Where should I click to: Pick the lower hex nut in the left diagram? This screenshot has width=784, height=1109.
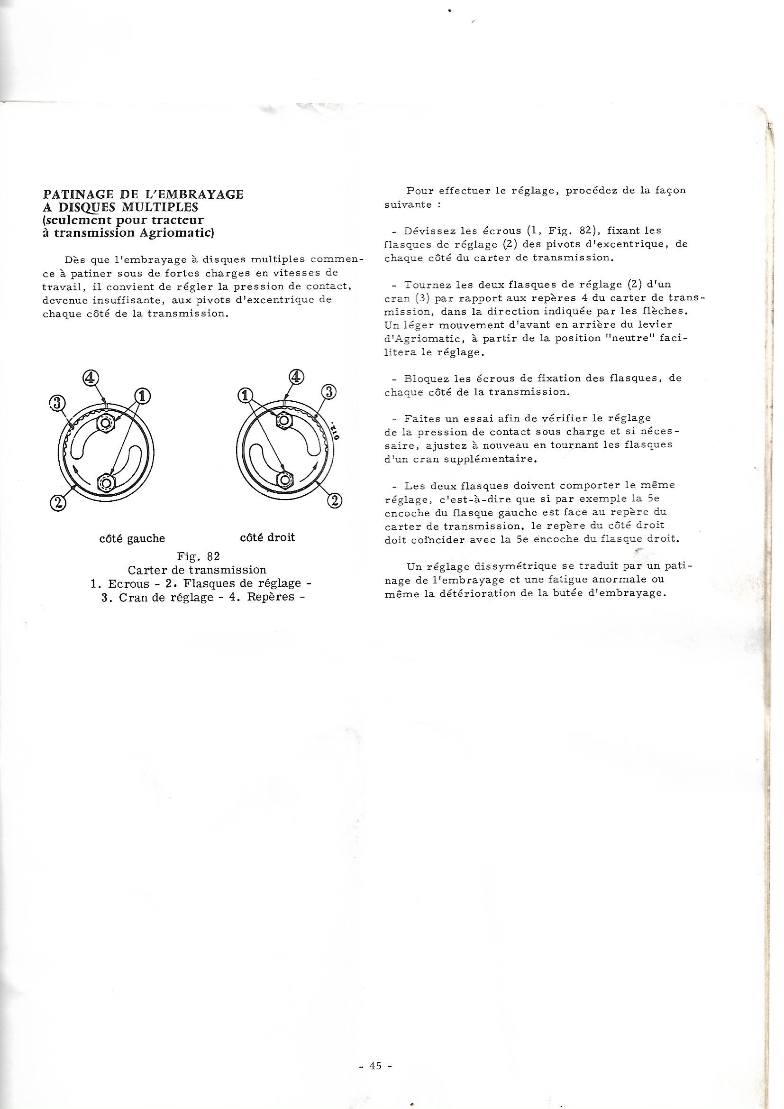(x=105, y=482)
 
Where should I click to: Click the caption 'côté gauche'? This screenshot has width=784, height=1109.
(x=132, y=538)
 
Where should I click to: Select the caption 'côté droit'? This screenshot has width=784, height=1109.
(x=267, y=537)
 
